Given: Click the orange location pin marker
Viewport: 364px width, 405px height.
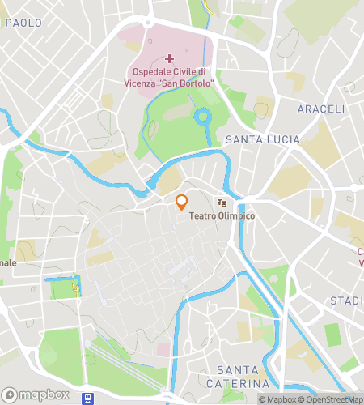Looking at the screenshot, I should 182,202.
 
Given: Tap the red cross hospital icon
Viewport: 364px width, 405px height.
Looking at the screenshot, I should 169,58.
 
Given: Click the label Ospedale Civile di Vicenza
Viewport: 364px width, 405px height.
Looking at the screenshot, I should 169,77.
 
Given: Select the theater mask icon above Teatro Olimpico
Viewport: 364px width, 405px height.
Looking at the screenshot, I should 222,202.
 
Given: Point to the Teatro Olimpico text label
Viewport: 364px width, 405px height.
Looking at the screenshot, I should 222,216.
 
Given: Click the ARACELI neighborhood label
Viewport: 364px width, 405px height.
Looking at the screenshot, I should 321,109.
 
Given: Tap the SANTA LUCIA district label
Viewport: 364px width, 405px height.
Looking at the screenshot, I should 262,140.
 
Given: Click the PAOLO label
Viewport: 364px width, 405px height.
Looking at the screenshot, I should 23,23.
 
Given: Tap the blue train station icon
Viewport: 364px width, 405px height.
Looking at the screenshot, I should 87,398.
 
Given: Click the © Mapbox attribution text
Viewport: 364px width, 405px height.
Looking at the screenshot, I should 278,399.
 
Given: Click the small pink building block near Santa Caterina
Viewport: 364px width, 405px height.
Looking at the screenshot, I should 163,349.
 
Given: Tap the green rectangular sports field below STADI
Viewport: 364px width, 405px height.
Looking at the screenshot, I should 332,334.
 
